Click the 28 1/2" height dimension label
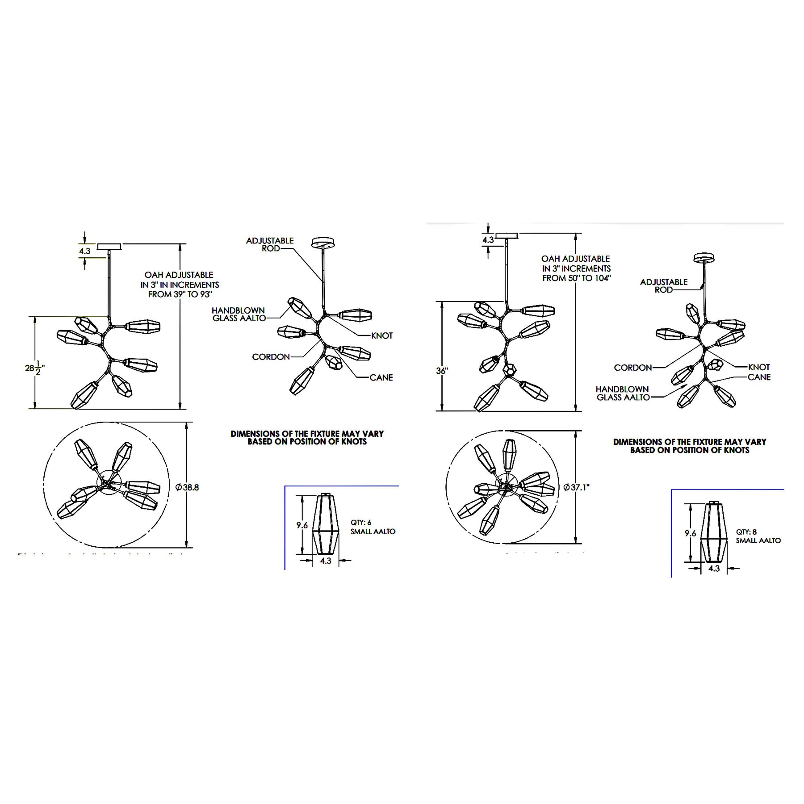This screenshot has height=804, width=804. point(35,368)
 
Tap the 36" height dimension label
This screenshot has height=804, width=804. point(442,371)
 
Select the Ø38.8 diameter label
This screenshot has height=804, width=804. point(187,487)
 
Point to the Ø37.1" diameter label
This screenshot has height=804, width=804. point(576,487)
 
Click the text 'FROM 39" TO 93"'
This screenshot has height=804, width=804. point(180,294)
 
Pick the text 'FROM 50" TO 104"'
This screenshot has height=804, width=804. point(576,278)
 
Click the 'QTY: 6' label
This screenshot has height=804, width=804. point(361,523)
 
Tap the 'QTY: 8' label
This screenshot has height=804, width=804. point(746,532)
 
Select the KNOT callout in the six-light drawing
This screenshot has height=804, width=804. point(382,335)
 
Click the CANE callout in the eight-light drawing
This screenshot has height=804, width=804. point(759,377)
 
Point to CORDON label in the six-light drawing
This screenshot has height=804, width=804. point(271,357)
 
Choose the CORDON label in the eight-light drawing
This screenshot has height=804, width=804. point(633,368)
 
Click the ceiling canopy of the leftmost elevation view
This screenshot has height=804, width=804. point(109,247)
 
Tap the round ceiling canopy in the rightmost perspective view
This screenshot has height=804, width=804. point(704,258)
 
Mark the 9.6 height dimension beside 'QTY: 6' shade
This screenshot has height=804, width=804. point(302,525)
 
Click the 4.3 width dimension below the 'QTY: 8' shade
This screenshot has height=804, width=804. point(714,569)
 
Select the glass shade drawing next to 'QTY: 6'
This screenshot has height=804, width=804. point(326,523)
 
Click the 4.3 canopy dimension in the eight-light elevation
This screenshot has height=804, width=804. point(488,240)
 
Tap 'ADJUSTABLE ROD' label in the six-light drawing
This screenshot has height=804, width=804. point(270,244)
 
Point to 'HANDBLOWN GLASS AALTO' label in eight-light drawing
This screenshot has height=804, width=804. point(623,393)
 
